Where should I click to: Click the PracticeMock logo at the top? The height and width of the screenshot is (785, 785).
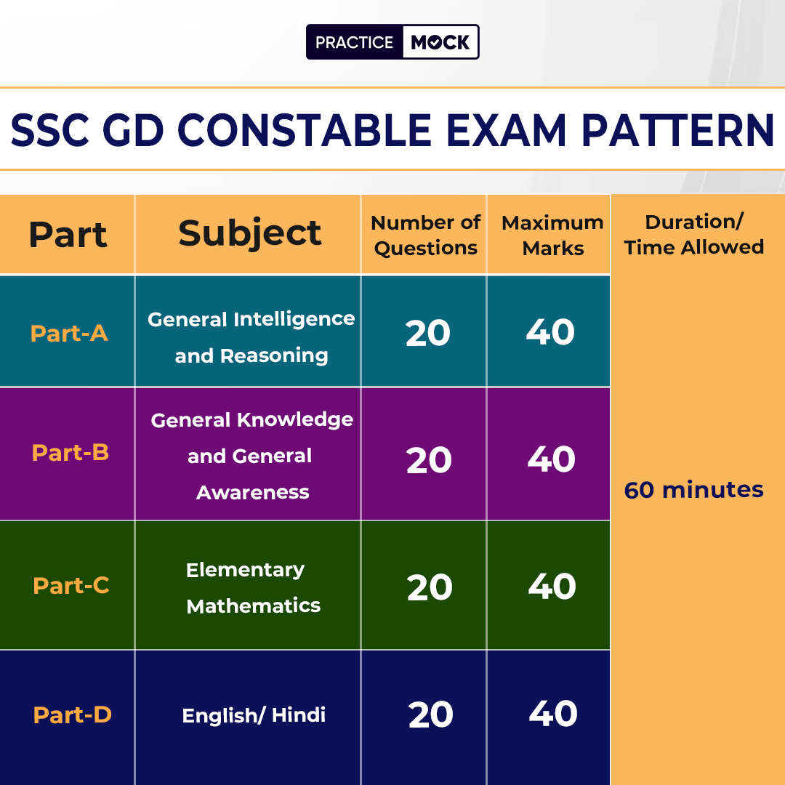pos(392,41)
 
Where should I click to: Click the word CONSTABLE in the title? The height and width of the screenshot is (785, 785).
pos(305,130)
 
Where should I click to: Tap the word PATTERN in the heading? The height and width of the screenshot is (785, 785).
pos(677,130)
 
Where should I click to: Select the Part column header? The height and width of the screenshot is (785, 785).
pos(68,234)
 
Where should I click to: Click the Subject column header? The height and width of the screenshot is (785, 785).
pos(250,233)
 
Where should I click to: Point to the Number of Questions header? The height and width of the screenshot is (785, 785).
pos(425,235)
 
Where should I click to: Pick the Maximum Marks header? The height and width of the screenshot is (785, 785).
pos(552,235)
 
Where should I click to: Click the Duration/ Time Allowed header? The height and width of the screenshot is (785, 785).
pos(694,234)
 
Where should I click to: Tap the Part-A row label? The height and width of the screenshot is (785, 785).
pos(69,333)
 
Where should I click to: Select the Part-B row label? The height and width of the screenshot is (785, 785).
pos(70,452)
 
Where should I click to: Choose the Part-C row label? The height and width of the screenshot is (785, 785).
pos(71,585)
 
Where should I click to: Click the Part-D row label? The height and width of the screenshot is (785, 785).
pos(72,714)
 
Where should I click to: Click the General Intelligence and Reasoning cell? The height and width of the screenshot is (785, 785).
pos(251,337)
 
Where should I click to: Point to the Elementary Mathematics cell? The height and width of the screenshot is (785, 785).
pos(254,588)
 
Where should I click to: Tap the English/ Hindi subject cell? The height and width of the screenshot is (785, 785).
pos(254,715)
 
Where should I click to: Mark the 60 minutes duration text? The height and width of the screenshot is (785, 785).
pos(694,490)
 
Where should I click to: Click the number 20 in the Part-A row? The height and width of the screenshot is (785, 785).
pos(428,333)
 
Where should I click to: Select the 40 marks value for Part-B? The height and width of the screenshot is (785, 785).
pos(551,459)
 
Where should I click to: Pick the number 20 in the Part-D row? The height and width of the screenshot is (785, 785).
pos(430,714)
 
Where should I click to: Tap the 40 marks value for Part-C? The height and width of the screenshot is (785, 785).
pos(552,587)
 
